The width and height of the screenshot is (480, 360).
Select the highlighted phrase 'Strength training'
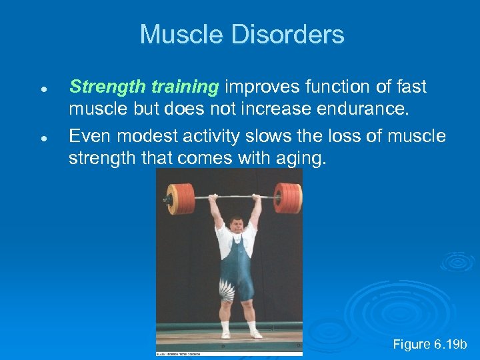tap(144, 87)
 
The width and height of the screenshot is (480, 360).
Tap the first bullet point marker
tap(42, 89)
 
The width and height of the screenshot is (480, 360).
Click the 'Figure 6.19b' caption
tap(430, 345)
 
